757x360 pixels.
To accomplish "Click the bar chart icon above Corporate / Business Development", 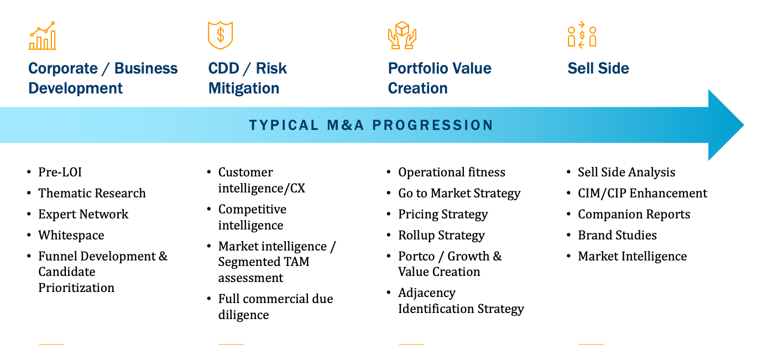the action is (x=42, y=35).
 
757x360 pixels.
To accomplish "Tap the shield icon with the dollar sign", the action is (x=220, y=35).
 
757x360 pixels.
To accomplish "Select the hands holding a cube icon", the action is (x=402, y=35).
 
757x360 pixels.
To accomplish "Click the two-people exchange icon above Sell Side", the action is (x=582, y=35).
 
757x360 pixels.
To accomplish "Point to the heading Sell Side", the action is (x=598, y=68).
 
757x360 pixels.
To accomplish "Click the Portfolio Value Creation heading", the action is (x=440, y=78).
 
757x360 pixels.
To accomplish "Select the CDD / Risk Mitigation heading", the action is (x=247, y=78).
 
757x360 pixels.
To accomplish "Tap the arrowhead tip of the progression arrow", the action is (x=744, y=125).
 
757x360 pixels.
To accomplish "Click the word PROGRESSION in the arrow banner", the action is (x=433, y=125).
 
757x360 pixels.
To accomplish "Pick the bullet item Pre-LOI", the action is (x=60, y=172).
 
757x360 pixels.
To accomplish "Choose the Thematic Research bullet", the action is (x=92, y=193).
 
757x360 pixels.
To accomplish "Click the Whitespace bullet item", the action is (x=71, y=235).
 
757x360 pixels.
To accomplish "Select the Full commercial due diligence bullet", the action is (x=275, y=306).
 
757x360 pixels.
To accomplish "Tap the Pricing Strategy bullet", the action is (x=443, y=215).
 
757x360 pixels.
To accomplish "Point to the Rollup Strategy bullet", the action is (x=441, y=235).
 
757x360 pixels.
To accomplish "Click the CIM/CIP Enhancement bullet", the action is (x=643, y=193).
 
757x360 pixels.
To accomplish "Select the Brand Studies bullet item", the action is (x=617, y=235).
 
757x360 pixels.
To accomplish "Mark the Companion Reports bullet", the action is (x=634, y=215).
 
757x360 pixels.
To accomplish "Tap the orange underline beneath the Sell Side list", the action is (x=591, y=344).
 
